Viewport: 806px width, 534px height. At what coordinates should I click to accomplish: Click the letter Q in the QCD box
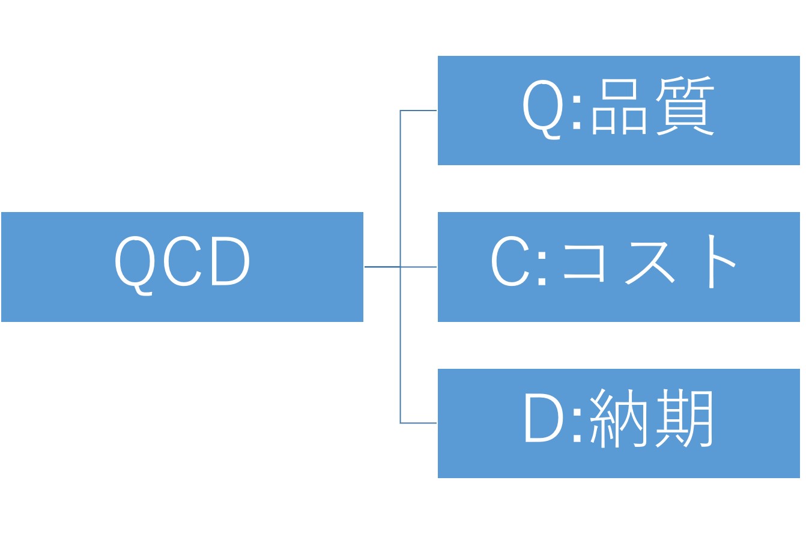[x=135, y=262]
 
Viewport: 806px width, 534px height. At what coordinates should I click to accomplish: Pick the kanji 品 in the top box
[x=619, y=107]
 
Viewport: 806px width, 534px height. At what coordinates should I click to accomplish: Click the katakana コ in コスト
[x=583, y=262]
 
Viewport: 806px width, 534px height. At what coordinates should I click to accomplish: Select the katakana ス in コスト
[x=650, y=262]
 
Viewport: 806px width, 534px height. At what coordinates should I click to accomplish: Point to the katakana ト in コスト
[x=718, y=262]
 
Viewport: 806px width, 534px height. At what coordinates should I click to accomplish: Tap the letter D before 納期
[x=544, y=419]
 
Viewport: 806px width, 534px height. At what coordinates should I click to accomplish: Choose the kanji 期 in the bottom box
[x=685, y=419]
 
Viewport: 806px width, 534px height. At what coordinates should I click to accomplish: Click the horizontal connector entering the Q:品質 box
[x=419, y=111]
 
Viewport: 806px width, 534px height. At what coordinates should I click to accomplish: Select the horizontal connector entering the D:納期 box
[x=419, y=423]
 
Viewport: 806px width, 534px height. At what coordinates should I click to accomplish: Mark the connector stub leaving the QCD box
[x=382, y=266]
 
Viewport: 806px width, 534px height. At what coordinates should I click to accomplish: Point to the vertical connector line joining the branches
[x=401, y=192]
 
